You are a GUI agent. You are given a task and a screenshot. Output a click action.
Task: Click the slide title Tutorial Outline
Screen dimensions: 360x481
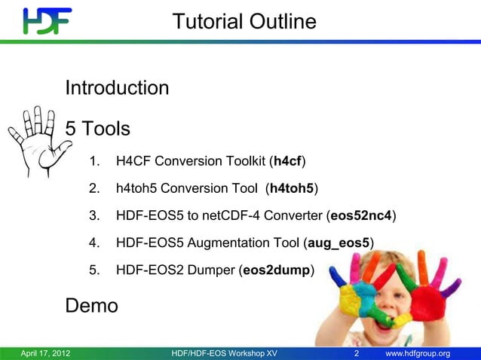click(244, 22)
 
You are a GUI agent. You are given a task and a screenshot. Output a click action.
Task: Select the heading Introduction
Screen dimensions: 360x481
click(117, 89)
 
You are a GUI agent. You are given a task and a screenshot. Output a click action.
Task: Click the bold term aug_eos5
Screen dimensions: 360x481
click(337, 243)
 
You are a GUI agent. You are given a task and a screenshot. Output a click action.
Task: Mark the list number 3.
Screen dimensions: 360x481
click(93, 216)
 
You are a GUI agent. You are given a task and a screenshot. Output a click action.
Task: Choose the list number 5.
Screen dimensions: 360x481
click(93, 270)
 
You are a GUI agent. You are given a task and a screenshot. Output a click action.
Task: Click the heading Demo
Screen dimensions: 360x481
click(92, 306)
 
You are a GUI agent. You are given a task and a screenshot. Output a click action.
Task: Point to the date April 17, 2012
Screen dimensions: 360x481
click(44, 353)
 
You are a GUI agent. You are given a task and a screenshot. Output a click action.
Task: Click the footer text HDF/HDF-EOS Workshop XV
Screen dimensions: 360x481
click(224, 353)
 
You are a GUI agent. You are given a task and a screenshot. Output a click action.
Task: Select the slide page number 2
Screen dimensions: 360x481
click(357, 353)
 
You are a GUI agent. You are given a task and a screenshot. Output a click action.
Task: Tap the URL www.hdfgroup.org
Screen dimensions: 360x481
click(418, 353)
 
